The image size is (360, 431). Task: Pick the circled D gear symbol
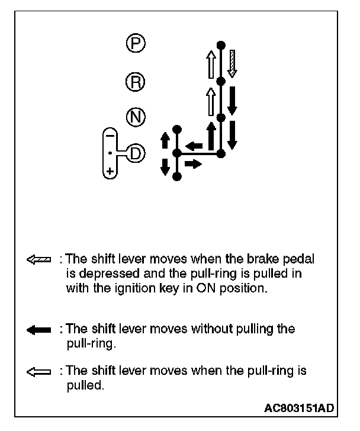click(x=136, y=153)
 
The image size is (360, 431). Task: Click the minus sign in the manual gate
click(x=109, y=135)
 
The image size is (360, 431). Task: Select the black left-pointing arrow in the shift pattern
click(x=193, y=146)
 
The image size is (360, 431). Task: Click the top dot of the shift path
click(x=220, y=44)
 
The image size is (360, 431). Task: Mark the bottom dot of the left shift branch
click(x=176, y=176)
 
